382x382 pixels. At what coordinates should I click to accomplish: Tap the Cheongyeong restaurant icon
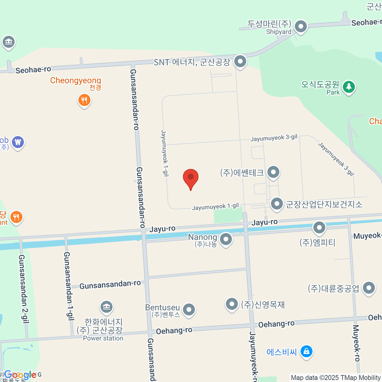84,100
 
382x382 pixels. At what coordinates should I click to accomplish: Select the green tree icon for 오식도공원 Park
349,87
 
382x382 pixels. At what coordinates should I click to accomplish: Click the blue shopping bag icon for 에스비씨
306,351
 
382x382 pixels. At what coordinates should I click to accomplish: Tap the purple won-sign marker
18,142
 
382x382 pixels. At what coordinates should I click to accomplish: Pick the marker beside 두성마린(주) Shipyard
301,27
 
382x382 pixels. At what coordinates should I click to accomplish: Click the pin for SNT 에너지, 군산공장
240,61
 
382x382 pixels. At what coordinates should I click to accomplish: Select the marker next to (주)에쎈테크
273,172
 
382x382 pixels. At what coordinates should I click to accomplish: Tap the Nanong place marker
226,239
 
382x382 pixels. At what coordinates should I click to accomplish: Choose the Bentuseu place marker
189,309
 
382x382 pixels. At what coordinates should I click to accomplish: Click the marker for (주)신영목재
232,304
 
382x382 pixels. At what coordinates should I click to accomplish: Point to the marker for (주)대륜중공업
369,288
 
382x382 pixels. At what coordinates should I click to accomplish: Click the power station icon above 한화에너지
106,307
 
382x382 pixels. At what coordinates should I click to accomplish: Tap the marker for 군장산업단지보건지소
277,203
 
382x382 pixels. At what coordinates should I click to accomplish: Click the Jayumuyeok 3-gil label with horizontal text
274,138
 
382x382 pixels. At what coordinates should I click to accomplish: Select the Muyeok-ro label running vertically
357,343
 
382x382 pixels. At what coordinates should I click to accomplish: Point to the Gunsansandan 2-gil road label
24,289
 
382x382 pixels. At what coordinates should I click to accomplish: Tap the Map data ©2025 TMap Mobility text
336,378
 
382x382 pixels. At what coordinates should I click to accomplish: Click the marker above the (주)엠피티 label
319,228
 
